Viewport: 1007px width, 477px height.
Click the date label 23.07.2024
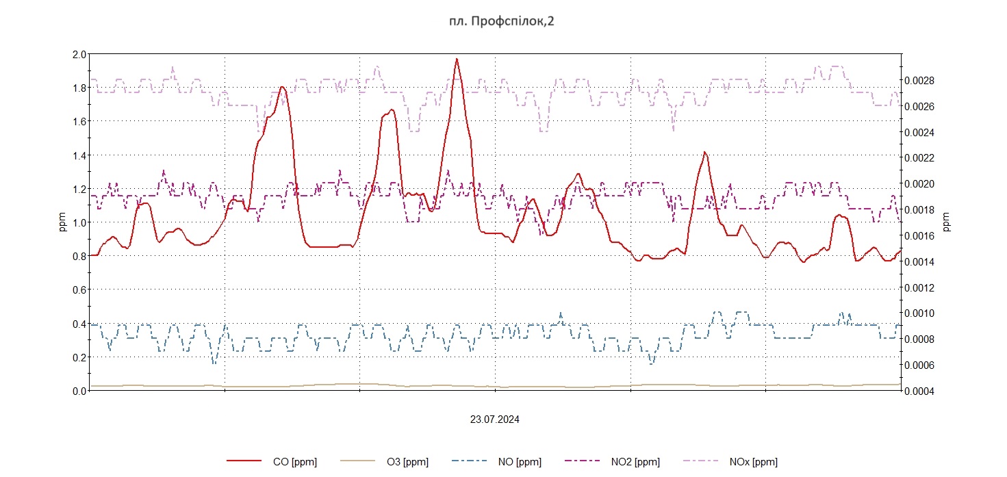(494, 420)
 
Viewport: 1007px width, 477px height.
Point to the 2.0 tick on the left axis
(79, 54)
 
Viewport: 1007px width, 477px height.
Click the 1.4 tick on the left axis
(79, 155)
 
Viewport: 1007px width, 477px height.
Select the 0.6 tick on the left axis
(79, 289)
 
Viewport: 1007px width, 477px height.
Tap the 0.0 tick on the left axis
(79, 391)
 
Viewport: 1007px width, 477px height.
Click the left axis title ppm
(63, 222)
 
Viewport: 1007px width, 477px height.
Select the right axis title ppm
(947, 222)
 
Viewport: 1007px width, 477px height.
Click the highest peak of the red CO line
(457, 59)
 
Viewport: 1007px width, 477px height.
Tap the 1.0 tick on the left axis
(79, 222)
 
